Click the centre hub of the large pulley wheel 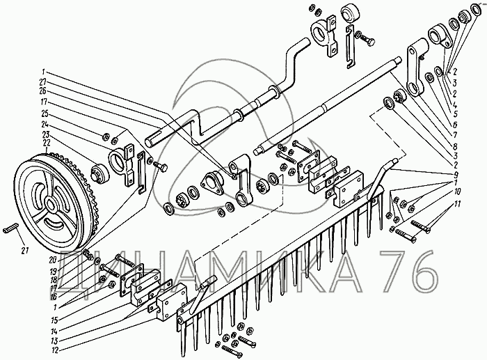click(50, 205)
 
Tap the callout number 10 click(456, 190)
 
